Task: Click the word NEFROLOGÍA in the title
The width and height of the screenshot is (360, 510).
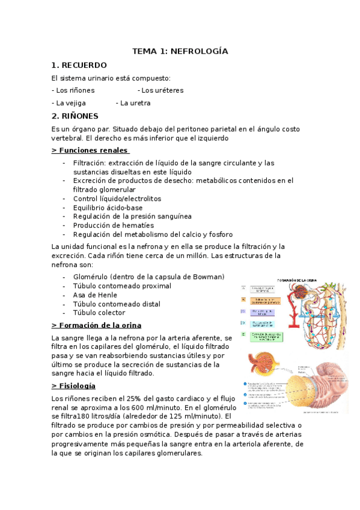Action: (x=200, y=52)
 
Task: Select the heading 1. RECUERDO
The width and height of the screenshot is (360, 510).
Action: (x=79, y=65)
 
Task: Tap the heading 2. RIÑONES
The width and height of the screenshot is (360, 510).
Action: (x=75, y=116)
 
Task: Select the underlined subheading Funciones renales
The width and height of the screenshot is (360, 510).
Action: (x=91, y=150)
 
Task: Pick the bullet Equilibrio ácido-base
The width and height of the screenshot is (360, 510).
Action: (x=108, y=207)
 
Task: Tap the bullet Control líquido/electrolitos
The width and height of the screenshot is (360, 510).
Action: (x=117, y=198)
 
